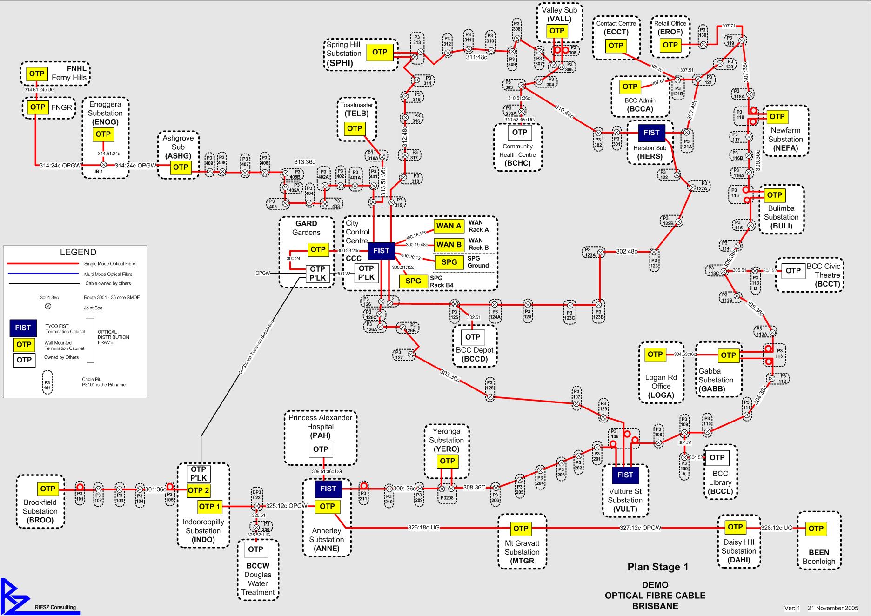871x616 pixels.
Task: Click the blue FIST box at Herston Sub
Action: [x=651, y=133]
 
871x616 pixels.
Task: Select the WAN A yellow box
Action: [x=449, y=226]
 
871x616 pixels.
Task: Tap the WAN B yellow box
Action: [x=449, y=245]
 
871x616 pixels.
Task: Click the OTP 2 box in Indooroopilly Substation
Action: [x=198, y=490]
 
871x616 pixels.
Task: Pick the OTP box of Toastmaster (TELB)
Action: [x=355, y=128]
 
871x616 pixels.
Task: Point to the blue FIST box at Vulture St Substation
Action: [x=625, y=475]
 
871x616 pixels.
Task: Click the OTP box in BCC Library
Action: [x=717, y=458]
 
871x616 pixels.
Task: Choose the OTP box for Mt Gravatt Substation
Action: [x=521, y=529]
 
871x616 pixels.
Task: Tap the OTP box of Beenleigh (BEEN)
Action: [x=816, y=529]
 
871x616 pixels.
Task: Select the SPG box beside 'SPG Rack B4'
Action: [x=413, y=281]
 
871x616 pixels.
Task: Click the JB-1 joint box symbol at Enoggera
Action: [x=104, y=165]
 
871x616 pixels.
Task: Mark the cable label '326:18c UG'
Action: [x=423, y=528]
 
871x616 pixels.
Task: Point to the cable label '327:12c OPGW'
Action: [x=640, y=528]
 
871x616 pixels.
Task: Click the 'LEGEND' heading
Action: [x=78, y=252]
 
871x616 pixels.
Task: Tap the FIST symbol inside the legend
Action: [x=23, y=328]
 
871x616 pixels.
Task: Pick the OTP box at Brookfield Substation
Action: [x=47, y=489]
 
